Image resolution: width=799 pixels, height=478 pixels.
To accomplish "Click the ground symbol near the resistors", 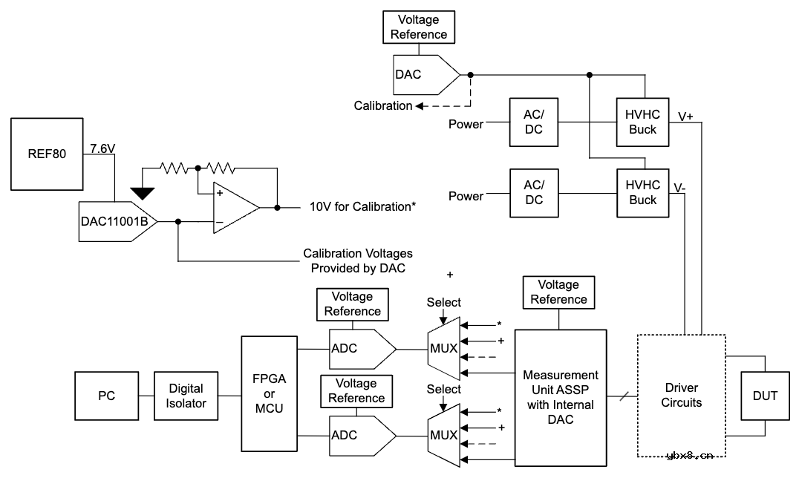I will (x=143, y=193).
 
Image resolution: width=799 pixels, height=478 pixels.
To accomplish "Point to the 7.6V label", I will (x=102, y=148).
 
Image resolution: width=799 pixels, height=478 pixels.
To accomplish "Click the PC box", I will (x=107, y=396).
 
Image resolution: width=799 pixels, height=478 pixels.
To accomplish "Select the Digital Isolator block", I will (x=186, y=396).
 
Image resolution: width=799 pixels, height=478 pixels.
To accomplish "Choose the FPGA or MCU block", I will (x=269, y=394).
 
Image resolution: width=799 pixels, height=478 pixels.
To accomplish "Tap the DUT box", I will (x=766, y=396).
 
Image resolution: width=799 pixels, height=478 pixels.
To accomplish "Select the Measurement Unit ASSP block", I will (x=561, y=398).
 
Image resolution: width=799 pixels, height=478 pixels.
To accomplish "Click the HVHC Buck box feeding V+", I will (x=642, y=122).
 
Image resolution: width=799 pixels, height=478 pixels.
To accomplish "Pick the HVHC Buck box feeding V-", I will (x=642, y=193).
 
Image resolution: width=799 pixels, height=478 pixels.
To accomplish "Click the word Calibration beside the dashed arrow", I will (x=382, y=105).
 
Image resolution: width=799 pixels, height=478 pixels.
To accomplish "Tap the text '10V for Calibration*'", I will (x=362, y=206).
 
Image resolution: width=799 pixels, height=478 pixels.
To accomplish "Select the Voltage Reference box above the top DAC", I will (x=419, y=27).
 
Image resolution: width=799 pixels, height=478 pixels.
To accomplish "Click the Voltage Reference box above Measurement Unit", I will (x=558, y=292).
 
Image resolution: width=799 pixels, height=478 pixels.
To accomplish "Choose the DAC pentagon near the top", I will (x=423, y=74).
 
